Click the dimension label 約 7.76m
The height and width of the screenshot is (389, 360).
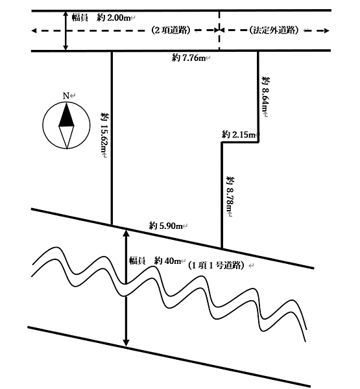(x=189, y=58)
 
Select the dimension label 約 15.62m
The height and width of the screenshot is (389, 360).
(x=104, y=135)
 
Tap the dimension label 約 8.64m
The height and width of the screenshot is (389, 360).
(x=266, y=96)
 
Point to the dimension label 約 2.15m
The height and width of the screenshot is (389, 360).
(x=239, y=135)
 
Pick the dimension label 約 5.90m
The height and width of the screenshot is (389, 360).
(x=166, y=226)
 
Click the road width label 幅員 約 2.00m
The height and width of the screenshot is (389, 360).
(x=101, y=18)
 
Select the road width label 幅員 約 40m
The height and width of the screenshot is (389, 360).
(x=154, y=261)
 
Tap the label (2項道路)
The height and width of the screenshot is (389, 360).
(x=171, y=30)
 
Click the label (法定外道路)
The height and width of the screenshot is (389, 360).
(x=274, y=30)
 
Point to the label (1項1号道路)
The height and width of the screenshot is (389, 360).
(x=216, y=265)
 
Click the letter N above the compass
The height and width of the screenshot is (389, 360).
(x=66, y=96)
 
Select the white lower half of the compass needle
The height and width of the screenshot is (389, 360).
(x=66, y=136)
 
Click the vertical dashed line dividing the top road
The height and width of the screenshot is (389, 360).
(x=219, y=30)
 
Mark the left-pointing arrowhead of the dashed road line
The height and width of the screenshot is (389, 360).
(x=34, y=30)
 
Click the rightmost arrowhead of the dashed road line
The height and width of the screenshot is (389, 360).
(x=326, y=30)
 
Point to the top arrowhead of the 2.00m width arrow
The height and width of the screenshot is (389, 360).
(x=66, y=14)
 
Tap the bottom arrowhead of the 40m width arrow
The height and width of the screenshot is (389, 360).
(x=126, y=342)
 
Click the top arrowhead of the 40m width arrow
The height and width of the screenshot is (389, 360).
(x=126, y=233)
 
